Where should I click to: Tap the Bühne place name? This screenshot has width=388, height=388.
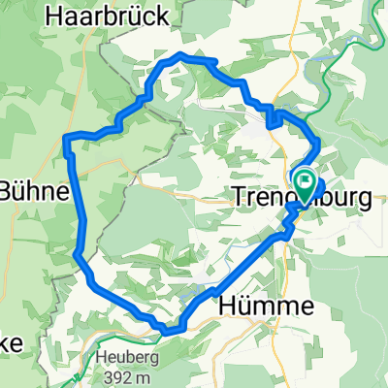34,191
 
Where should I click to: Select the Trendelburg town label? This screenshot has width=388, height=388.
303,198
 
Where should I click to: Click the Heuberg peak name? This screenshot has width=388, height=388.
122,356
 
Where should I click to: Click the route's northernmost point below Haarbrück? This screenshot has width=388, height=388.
180,55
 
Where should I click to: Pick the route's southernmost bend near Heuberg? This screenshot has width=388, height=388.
167,330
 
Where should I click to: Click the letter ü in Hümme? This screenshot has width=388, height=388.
256,307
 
